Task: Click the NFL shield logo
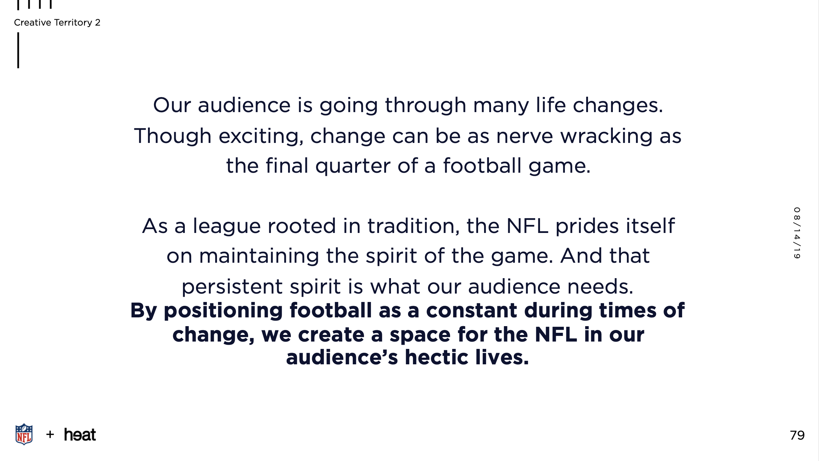(x=24, y=434)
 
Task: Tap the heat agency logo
(x=80, y=435)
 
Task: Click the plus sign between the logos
(x=50, y=434)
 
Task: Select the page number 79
(x=797, y=435)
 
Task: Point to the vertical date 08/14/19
(x=797, y=233)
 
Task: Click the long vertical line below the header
(x=18, y=50)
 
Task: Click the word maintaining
(x=259, y=256)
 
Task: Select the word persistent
(x=231, y=287)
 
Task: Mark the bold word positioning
(x=223, y=311)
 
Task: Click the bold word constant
(x=471, y=310)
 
